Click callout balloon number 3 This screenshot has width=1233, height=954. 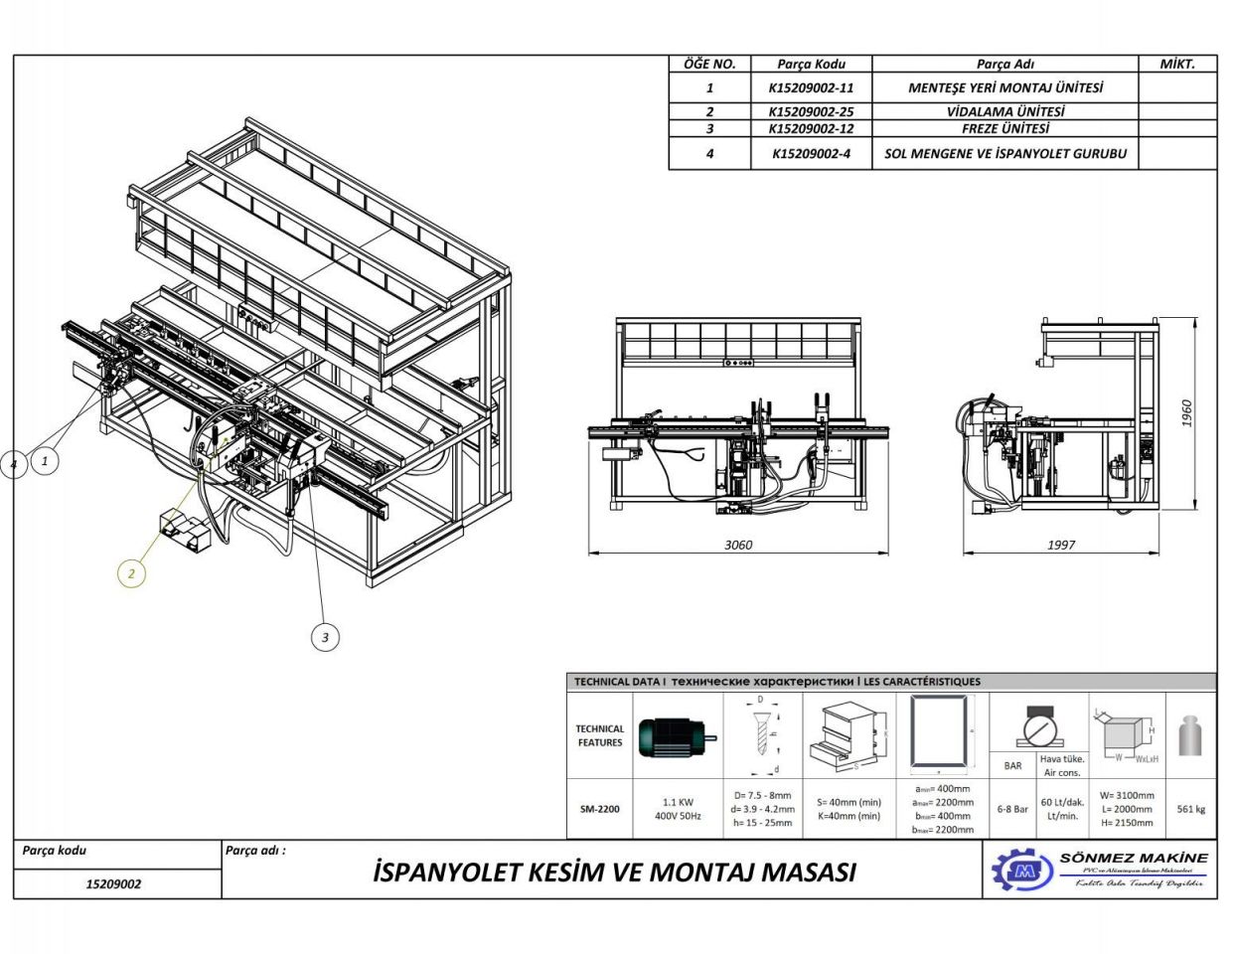coord(325,637)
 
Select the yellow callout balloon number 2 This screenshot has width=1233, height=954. coord(130,573)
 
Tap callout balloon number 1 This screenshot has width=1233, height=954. coord(44,461)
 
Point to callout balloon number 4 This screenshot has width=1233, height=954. coord(14,464)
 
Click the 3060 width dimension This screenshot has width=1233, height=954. coord(738,545)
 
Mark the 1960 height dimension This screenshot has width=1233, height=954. coord(1187,413)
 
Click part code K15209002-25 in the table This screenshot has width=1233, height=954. coord(811,111)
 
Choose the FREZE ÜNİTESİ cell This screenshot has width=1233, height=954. coord(1004,128)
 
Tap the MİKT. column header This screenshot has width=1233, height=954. coord(1176,64)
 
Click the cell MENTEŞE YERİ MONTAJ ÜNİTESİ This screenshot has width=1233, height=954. coord(1004,87)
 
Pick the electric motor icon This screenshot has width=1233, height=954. coord(677,736)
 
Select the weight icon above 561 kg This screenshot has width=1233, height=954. coord(1190,736)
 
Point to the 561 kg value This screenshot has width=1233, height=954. coord(1190,809)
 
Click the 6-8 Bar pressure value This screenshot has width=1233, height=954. coord(1012,809)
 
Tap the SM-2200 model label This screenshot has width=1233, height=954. coord(599,809)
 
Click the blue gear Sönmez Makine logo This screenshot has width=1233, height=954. coord(1021,871)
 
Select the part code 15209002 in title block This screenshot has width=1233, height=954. coord(114,883)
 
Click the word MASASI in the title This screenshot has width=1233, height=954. coord(808,873)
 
